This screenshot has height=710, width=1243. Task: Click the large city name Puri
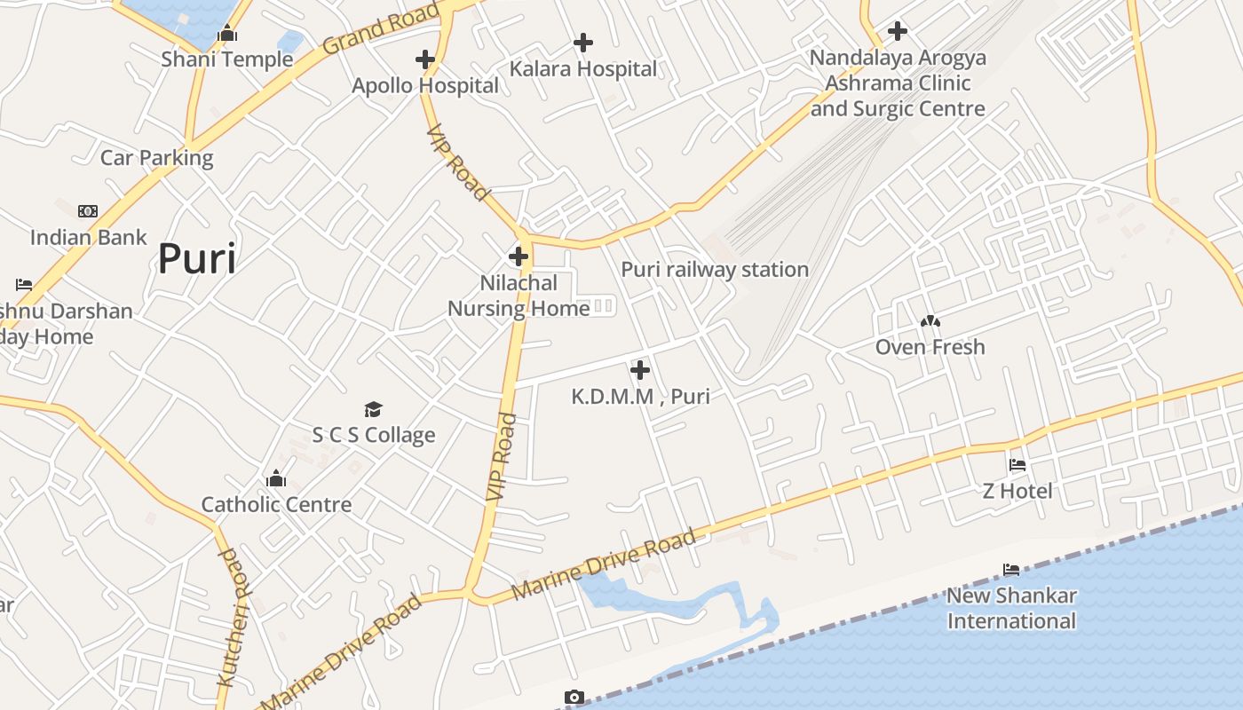(x=197, y=259)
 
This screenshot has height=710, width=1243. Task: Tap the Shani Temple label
(x=227, y=59)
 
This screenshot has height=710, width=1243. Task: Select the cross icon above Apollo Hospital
(x=425, y=59)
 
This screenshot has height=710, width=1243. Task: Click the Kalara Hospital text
(x=583, y=68)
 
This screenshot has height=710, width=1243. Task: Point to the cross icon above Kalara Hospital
(x=583, y=42)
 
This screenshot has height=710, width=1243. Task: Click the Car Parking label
(x=157, y=158)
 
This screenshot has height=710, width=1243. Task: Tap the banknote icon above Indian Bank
(x=88, y=211)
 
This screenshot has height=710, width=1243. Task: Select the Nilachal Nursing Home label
(x=519, y=296)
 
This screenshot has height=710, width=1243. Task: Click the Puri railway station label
(x=715, y=269)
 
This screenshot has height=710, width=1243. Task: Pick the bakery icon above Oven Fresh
(x=930, y=321)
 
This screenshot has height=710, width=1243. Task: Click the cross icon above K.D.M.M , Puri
(x=640, y=370)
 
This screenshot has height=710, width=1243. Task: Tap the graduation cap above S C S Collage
(x=374, y=409)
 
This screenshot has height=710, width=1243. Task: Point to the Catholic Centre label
(x=276, y=504)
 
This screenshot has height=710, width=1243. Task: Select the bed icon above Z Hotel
(x=1017, y=465)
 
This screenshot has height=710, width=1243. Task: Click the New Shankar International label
(x=1011, y=608)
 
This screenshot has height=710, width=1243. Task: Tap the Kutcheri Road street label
(x=231, y=618)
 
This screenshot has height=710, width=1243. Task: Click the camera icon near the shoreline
(x=574, y=698)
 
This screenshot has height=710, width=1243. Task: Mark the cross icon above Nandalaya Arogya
(x=898, y=31)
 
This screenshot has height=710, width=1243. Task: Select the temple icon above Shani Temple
(x=227, y=34)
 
